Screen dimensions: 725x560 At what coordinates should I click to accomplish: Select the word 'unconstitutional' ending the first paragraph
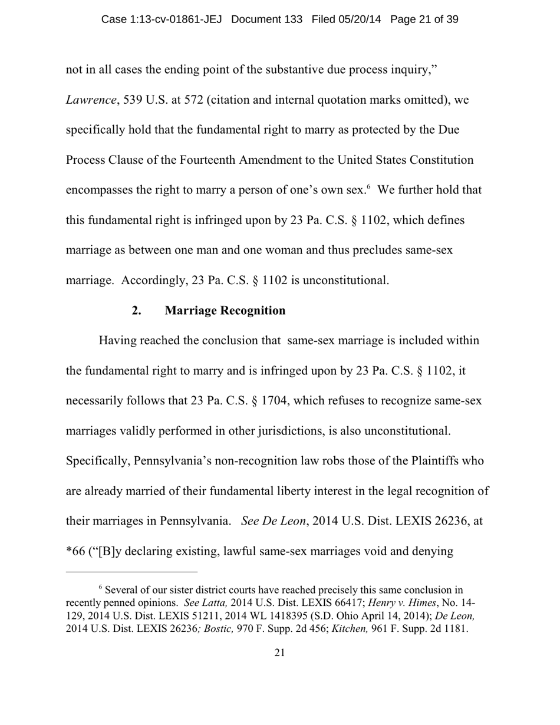348,280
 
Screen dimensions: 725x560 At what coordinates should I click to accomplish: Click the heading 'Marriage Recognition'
225,310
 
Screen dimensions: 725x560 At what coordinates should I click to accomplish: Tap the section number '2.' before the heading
137,310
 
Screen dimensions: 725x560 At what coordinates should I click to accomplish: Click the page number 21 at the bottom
280,652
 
